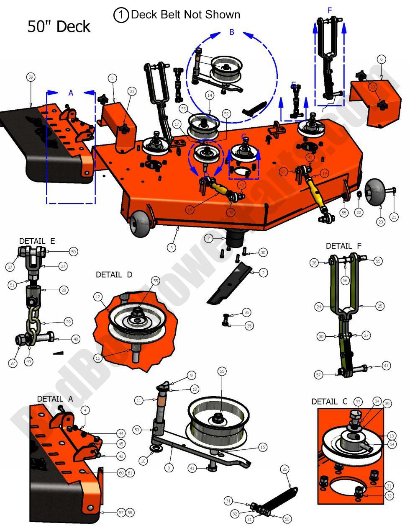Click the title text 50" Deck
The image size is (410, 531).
click(59, 26)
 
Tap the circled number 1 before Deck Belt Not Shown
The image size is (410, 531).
click(121, 15)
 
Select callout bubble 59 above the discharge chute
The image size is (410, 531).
click(30, 77)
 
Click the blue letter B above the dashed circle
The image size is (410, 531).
click(232, 32)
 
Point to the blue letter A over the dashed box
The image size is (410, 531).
click(71, 93)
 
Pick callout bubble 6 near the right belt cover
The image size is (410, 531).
click(381, 59)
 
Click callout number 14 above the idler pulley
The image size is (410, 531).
click(210, 95)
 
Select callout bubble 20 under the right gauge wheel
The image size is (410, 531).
click(380, 222)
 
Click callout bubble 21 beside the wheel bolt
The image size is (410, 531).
click(394, 217)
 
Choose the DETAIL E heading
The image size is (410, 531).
click(37, 241)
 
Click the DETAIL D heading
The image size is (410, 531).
click(114, 275)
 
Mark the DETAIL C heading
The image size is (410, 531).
click(329, 402)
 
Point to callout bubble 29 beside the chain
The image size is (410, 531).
click(68, 322)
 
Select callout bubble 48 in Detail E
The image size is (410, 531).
click(76, 339)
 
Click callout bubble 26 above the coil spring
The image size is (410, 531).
click(284, 469)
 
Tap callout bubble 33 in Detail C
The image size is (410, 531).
click(358, 402)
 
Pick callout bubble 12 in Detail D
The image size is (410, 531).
click(97, 297)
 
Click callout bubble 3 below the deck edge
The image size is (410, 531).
click(171, 248)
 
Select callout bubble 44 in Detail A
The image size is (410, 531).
click(121, 433)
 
